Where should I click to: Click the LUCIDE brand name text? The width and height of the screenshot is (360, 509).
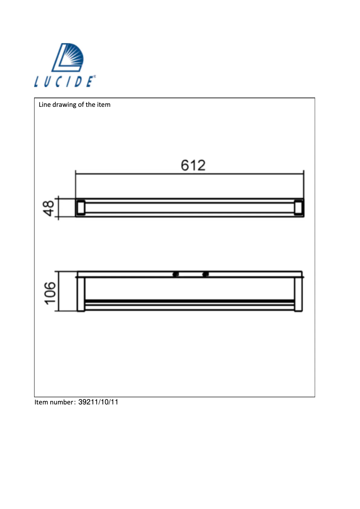(x=64, y=82)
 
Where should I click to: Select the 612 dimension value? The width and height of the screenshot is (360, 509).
(x=193, y=165)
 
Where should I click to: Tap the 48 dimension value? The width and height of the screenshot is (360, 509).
(x=49, y=208)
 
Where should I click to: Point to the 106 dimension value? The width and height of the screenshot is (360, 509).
(x=49, y=292)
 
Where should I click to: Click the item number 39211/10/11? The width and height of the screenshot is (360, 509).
(x=98, y=402)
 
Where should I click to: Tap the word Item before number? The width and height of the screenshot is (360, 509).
(x=41, y=402)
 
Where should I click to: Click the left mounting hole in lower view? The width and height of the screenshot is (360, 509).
(x=176, y=274)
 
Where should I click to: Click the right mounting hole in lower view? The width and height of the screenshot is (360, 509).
(x=205, y=274)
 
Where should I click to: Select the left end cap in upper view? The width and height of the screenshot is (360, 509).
(x=80, y=208)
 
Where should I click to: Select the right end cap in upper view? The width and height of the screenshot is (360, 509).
(x=299, y=208)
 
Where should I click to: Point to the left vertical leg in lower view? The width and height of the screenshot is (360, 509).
(x=81, y=294)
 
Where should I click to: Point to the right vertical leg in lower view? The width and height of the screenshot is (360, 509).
(x=298, y=294)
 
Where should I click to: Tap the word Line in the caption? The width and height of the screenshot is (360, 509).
(x=44, y=105)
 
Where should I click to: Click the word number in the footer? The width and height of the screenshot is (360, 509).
(x=61, y=402)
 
